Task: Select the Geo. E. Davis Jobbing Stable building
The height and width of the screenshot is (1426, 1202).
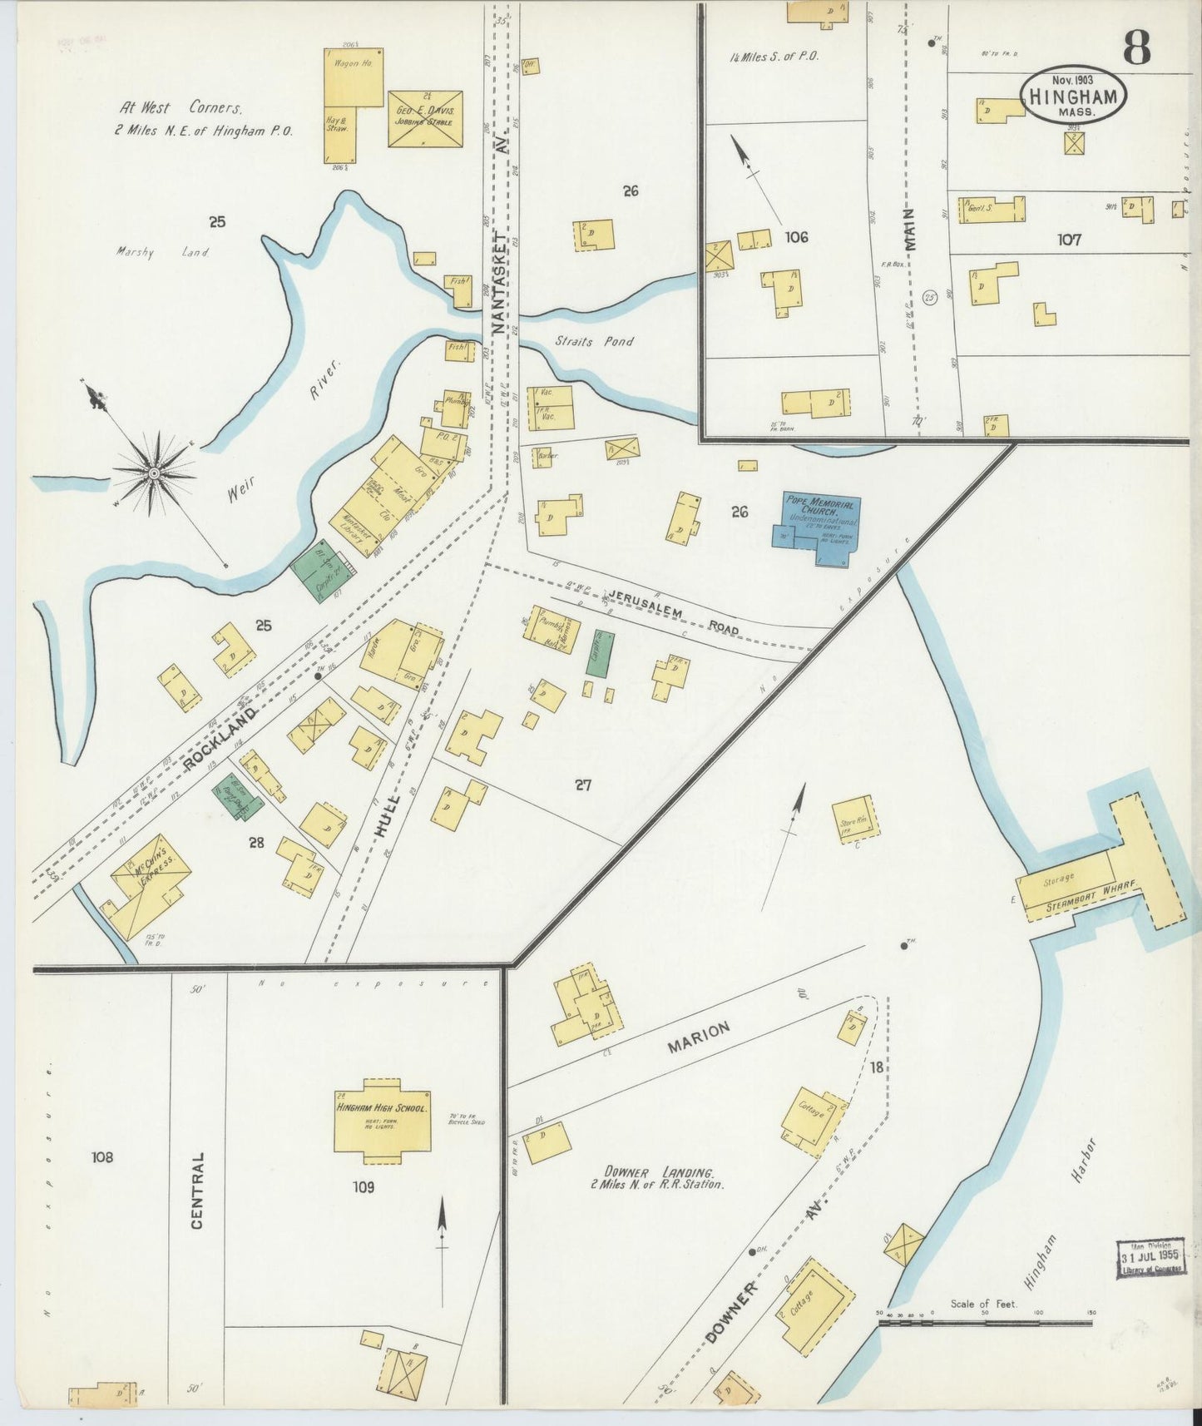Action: pyautogui.click(x=424, y=118)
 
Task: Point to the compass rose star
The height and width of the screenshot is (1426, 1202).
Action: pyautogui.click(x=154, y=473)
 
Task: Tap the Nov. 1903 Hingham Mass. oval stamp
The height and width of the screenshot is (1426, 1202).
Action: pyautogui.click(x=1071, y=94)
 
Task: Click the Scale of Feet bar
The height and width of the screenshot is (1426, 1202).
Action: pyautogui.click(x=985, y=1321)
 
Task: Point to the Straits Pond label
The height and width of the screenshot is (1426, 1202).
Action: pyautogui.click(x=594, y=341)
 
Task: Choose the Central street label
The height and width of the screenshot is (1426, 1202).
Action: pyautogui.click(x=197, y=1190)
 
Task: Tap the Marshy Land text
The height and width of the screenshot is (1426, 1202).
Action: pyautogui.click(x=163, y=252)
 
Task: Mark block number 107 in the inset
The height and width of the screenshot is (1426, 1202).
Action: pyautogui.click(x=1069, y=240)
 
